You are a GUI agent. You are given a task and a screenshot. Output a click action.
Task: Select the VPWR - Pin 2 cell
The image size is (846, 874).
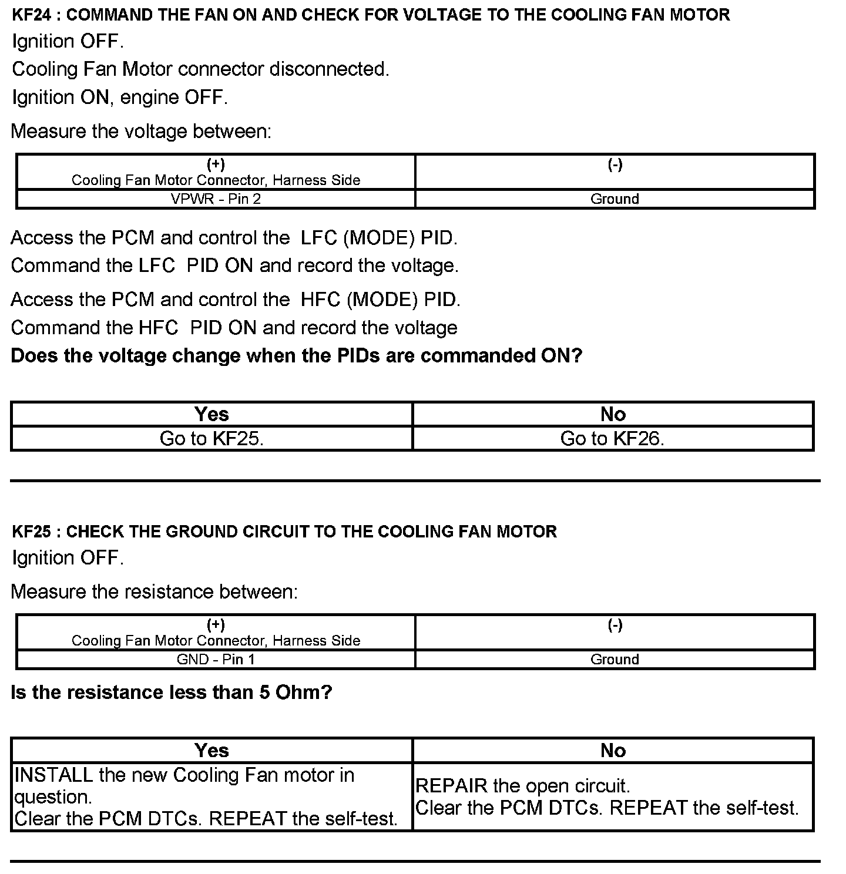point(216,199)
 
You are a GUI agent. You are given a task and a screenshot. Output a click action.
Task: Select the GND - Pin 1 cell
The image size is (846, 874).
point(216,660)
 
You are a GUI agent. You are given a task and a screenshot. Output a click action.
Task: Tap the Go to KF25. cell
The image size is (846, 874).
point(211,439)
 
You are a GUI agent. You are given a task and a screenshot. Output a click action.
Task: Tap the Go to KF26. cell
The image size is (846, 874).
point(613,439)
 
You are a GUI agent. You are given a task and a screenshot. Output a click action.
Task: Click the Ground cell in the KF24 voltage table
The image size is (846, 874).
point(615,199)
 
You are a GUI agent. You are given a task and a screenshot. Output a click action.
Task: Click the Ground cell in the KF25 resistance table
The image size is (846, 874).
point(615,660)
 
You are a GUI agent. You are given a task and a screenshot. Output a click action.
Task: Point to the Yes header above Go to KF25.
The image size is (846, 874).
point(211,415)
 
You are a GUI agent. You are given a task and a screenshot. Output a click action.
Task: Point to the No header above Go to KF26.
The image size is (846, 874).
point(613,415)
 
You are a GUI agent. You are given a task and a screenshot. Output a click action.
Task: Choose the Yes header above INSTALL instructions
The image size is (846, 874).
point(211,751)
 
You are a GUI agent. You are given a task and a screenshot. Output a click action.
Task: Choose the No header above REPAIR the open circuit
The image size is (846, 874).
point(613,751)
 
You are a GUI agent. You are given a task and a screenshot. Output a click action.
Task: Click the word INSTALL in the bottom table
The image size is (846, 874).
point(53,775)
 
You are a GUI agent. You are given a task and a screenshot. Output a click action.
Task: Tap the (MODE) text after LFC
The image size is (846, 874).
point(379,238)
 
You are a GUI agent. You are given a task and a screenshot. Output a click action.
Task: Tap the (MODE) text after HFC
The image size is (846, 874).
point(382,300)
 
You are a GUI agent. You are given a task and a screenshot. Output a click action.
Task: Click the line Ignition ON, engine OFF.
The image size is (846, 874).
point(120,98)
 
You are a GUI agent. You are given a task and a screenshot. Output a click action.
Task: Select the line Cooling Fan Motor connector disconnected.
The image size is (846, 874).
point(200,69)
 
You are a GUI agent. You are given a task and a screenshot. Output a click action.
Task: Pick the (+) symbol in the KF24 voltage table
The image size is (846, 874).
point(216,165)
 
